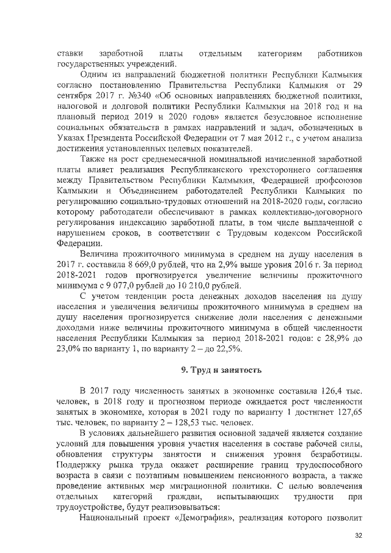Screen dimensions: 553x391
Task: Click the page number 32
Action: click(x=358, y=535)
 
